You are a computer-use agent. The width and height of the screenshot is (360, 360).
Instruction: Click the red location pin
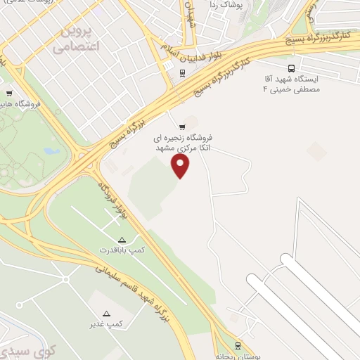(181, 165)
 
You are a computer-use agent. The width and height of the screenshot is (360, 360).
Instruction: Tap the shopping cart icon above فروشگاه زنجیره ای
(183, 127)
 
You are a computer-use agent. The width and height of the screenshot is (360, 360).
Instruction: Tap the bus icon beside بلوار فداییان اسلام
(182, 72)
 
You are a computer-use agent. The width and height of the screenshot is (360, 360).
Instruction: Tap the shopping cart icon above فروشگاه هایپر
(9, 94)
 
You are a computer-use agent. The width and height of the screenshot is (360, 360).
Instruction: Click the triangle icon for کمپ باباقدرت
(122, 240)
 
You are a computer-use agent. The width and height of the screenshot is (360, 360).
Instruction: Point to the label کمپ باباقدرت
(115, 250)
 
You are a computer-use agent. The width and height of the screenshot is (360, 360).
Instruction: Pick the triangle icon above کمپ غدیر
(107, 314)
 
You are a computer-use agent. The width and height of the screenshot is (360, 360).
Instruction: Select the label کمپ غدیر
(106, 323)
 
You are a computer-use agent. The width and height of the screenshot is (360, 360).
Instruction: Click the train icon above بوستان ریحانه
(238, 345)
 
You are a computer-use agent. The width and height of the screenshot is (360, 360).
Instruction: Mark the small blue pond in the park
(48, 150)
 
